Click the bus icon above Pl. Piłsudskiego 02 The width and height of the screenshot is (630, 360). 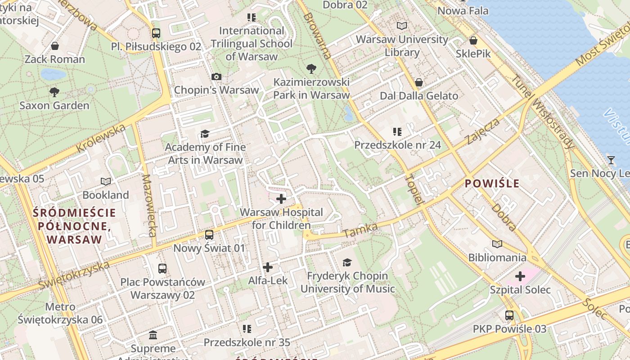coord(156,33)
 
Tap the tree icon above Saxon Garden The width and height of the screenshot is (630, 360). coord(54,92)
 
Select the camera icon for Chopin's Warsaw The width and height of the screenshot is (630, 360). coord(216,76)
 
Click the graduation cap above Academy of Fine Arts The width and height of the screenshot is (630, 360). coord(205,134)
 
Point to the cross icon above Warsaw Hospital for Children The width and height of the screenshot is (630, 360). coord(281,198)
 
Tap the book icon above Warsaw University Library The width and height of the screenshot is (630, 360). coord(401,26)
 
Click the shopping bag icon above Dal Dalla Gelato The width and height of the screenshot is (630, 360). coord(419,82)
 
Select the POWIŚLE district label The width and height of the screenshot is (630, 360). coord(492,183)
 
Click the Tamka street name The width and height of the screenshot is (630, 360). coord(360,230)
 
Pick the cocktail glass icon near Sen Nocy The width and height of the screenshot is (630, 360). coord(611,160)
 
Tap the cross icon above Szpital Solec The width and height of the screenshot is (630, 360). coord(520,276)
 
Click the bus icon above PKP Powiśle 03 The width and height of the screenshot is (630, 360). coord(509,315)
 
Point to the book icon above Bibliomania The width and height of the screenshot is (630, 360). coord(497,244)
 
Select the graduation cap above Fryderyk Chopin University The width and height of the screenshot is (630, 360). coord(347,262)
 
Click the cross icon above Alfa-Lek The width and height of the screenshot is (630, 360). coord(268,267)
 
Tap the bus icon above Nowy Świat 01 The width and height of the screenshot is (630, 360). coord(209,235)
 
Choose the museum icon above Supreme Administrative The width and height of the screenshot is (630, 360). coord(153,335)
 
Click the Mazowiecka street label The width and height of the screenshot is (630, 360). coord(149,205)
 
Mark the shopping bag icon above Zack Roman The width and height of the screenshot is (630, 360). coord(55,46)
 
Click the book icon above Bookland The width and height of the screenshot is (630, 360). coord(106,181)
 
